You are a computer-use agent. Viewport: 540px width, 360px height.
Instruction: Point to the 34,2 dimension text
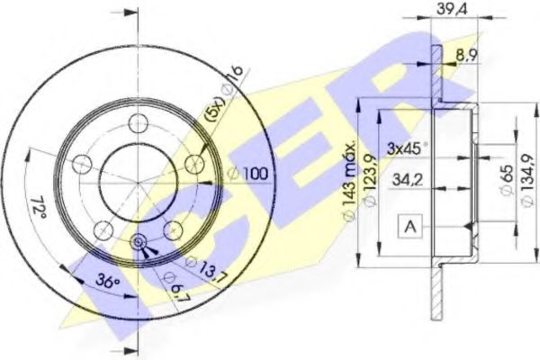pyautogui.click(x=407, y=180)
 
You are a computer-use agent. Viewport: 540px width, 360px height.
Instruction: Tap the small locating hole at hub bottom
pyautogui.click(x=139, y=242)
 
